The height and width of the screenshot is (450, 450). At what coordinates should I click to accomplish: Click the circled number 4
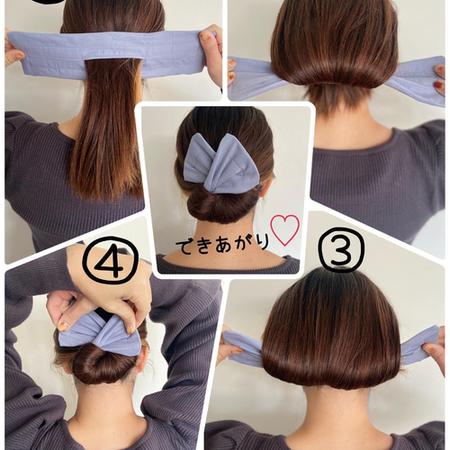click(110, 261)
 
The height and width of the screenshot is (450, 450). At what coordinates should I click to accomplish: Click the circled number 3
click(341, 247)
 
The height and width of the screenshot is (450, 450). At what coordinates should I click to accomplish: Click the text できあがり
click(221, 246)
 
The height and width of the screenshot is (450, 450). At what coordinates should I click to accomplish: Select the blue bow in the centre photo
click(221, 164)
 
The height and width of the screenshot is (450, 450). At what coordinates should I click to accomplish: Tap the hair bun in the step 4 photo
click(103, 364)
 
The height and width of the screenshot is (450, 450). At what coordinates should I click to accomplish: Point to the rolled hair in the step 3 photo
click(330, 371)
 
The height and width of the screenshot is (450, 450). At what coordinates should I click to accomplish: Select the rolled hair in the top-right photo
click(335, 72)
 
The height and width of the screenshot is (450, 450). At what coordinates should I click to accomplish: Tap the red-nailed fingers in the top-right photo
click(440, 79)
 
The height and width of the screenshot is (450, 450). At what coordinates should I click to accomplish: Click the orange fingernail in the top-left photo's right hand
click(206, 37)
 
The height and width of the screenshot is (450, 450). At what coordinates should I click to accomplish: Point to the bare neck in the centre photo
click(223, 240)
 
